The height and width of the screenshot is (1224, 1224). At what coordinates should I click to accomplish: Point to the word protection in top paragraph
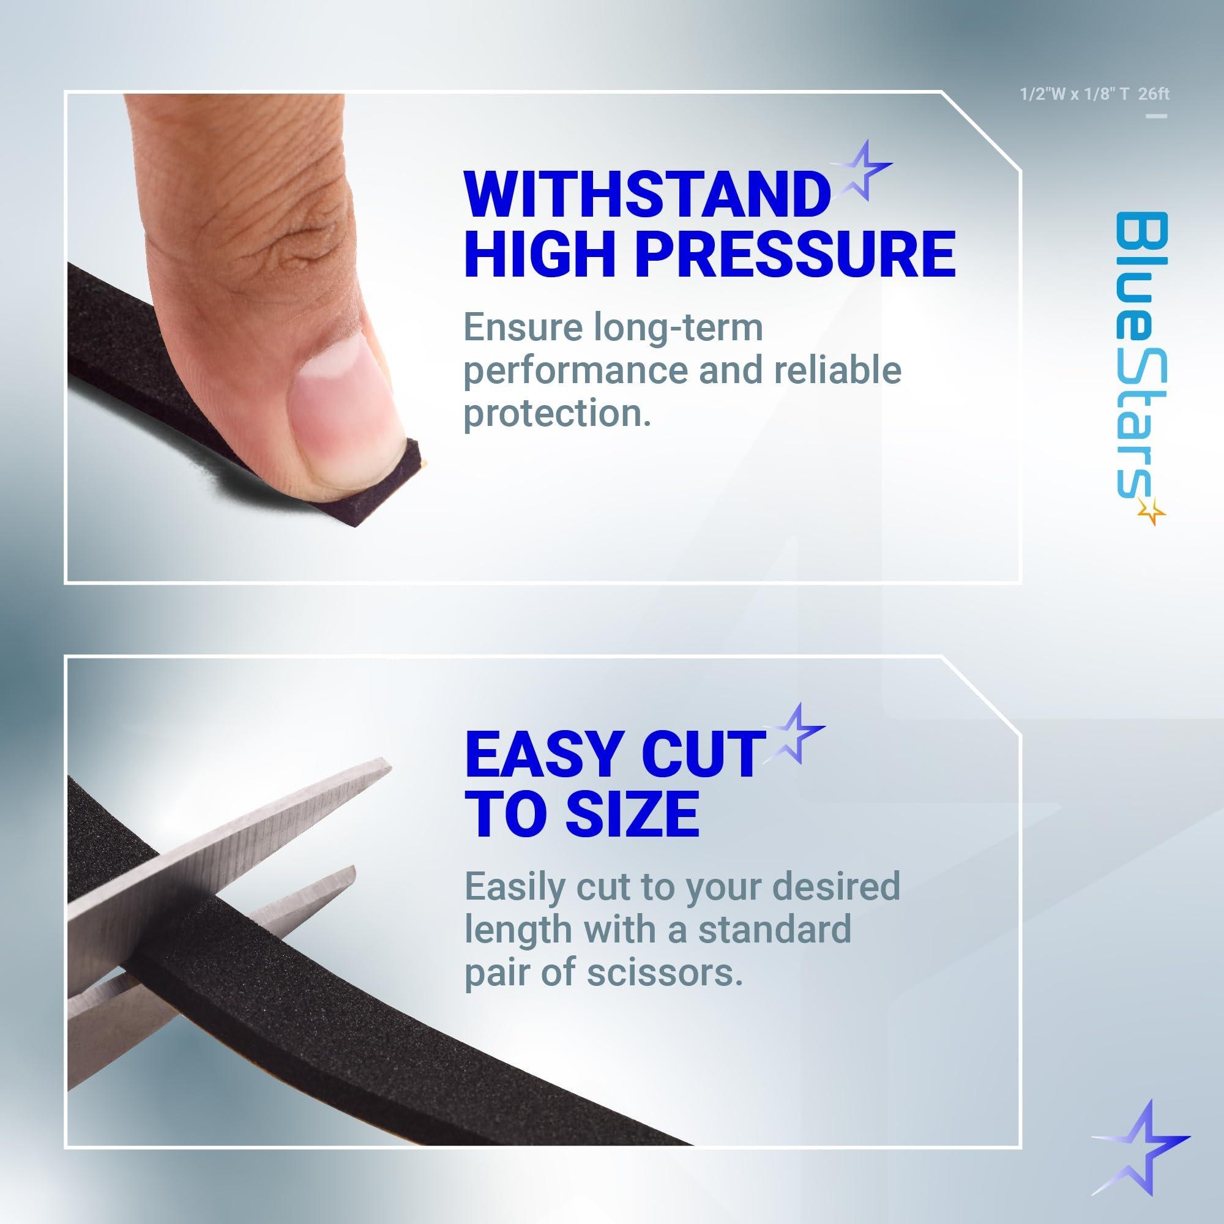click(x=558, y=414)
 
